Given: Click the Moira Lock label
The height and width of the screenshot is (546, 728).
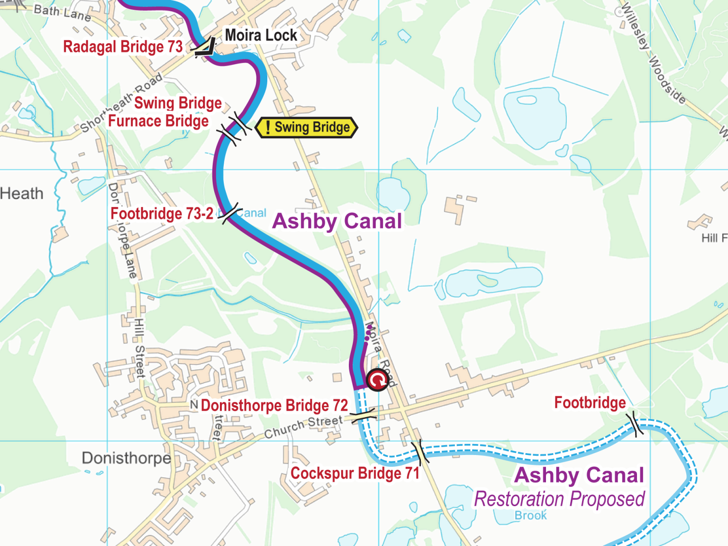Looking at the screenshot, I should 261,35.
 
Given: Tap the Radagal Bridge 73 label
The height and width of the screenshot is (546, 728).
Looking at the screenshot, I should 123,47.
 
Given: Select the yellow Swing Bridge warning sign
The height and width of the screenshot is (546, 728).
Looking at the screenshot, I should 307,127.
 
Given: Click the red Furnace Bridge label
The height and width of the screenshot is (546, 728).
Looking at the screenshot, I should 158,121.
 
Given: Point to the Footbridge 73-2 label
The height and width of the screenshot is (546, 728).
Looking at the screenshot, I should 162,214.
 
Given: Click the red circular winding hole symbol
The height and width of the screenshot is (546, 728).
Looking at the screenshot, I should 378,380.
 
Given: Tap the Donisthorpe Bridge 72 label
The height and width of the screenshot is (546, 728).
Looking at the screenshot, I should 274,406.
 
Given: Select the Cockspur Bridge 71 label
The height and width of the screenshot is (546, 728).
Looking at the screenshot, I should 355,473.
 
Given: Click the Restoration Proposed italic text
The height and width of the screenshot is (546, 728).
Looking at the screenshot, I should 559,499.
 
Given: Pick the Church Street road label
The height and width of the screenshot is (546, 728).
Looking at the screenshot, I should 303,427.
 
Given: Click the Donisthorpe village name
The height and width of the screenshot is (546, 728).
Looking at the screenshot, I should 126,458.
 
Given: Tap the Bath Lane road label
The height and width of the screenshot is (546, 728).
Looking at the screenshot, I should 62,12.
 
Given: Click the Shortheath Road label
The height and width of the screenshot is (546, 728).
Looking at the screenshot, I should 121,103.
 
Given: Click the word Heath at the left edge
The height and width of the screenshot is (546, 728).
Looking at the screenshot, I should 22,194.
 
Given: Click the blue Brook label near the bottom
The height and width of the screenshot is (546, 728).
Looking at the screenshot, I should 530,516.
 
